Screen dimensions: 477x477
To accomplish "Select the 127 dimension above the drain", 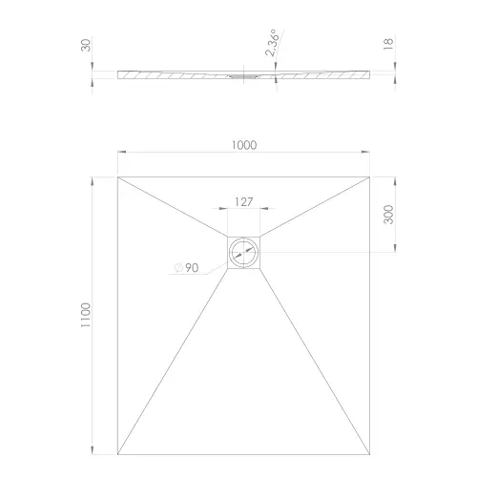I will tap(242, 202).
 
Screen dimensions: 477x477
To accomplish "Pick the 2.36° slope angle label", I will tap(273, 43).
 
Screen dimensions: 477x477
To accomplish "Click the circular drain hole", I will tap(243, 253).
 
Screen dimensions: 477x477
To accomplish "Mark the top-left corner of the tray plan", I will tap(117, 176).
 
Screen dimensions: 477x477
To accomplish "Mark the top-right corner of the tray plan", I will tap(369, 176).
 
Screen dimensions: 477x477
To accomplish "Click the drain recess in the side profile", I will tap(243, 73).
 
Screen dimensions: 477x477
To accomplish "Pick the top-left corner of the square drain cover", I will tap(227, 236).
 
